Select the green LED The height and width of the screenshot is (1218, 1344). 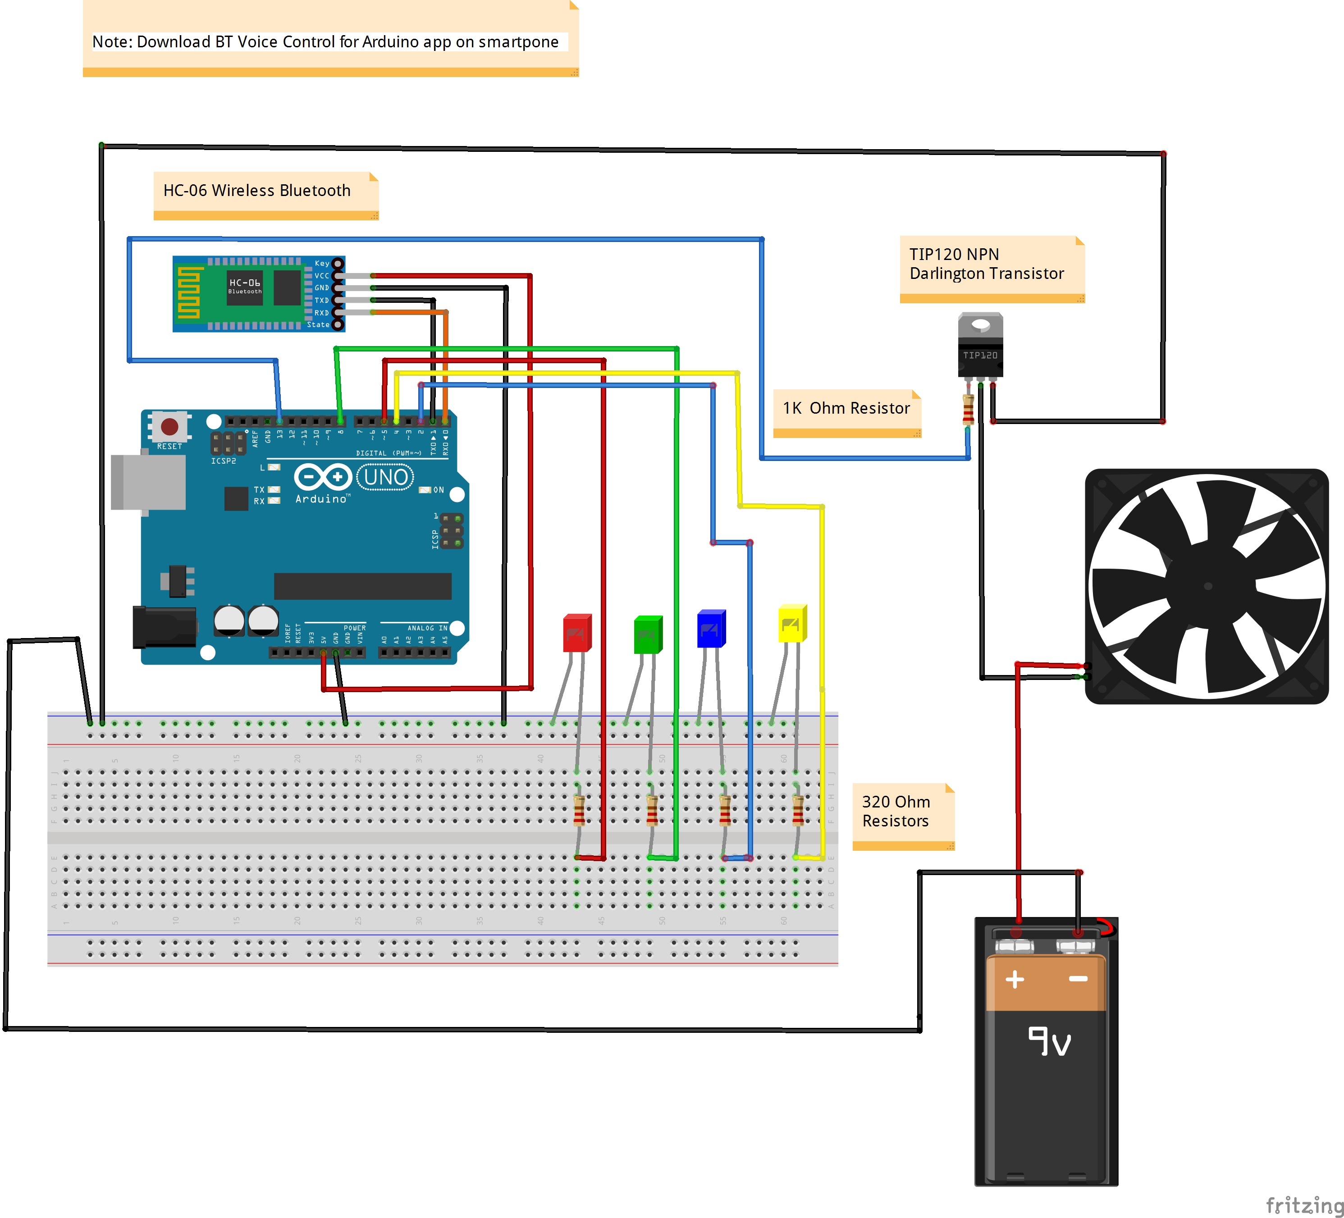coord(647,634)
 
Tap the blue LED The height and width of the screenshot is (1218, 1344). coord(711,629)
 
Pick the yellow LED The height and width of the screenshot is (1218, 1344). coord(792,624)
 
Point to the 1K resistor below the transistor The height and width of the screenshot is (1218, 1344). coord(968,409)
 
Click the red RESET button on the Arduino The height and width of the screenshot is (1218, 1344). coord(169,426)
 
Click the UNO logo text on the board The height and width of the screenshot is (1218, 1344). coord(386,477)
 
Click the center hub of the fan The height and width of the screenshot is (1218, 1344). coord(1208,586)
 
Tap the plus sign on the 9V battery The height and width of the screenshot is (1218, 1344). coord(1015,979)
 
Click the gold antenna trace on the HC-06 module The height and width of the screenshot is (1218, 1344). coord(188,293)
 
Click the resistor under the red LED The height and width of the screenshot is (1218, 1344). coord(579,810)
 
